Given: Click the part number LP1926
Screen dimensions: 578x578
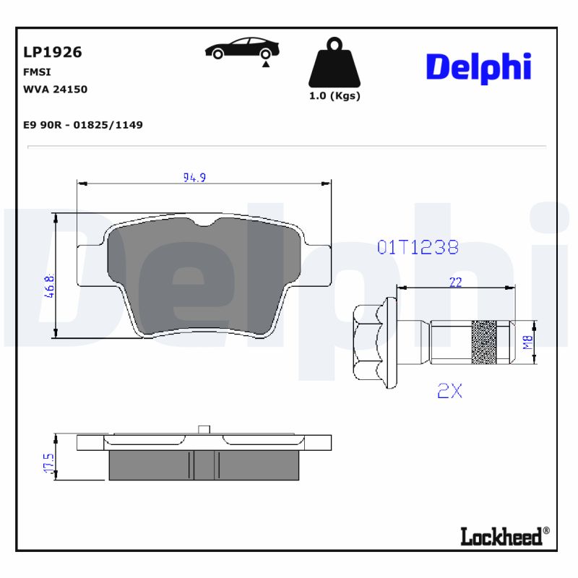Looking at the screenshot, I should pos(53,52).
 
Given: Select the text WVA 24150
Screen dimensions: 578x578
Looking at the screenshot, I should pos(56,90).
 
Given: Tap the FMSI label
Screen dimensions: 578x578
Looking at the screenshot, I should pos(37,72).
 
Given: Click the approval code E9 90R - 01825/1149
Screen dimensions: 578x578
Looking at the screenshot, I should pos(83,125).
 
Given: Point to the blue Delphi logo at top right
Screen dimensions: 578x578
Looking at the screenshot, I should pos(478,67).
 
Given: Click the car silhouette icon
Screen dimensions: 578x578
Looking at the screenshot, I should pos(241,48).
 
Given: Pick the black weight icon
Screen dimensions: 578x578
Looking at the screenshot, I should pos(334,64).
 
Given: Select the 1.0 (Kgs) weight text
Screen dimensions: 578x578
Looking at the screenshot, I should pos(334,96).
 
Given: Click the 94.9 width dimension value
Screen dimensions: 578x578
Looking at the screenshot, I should pos(195,177).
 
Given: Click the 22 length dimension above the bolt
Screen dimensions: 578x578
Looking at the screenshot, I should pos(455,282).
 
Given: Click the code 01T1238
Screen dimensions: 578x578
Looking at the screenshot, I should pos(418,247).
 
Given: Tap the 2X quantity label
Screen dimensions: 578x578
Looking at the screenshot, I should pos(449,391).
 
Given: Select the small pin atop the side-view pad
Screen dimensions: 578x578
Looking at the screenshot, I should pos(204,429).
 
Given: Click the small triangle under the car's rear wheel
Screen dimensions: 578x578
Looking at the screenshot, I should pos(266,64).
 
